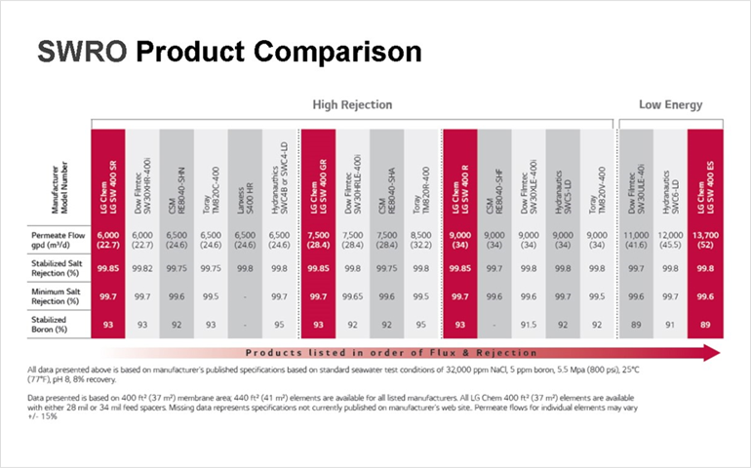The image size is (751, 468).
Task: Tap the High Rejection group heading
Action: pyautogui.click(x=353, y=104)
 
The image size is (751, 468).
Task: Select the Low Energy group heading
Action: pyautogui.click(x=670, y=104)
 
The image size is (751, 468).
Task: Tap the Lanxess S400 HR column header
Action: pyautogui.click(x=246, y=175)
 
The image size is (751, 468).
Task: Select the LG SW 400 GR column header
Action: pyautogui.click(x=318, y=175)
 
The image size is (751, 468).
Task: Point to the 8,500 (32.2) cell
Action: pyautogui.click(x=421, y=241)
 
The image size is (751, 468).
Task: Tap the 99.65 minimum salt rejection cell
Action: pyautogui.click(x=353, y=296)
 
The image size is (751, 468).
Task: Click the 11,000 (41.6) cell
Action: pyautogui.click(x=635, y=241)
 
